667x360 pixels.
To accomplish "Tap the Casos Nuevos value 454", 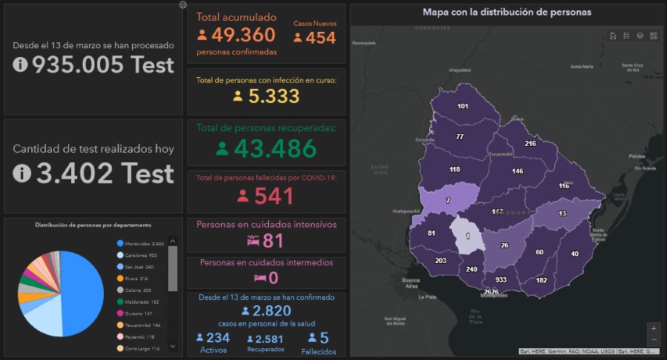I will tap(320, 37).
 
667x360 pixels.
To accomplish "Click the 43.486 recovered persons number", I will tap(275, 148).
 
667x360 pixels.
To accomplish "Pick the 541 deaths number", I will tap(274, 196).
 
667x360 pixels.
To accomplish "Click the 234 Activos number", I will tap(218, 338).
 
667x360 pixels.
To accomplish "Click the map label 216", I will tap(531, 144).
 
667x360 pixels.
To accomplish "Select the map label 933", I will tap(501, 279).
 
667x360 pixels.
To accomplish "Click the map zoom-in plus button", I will tap(653, 327).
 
